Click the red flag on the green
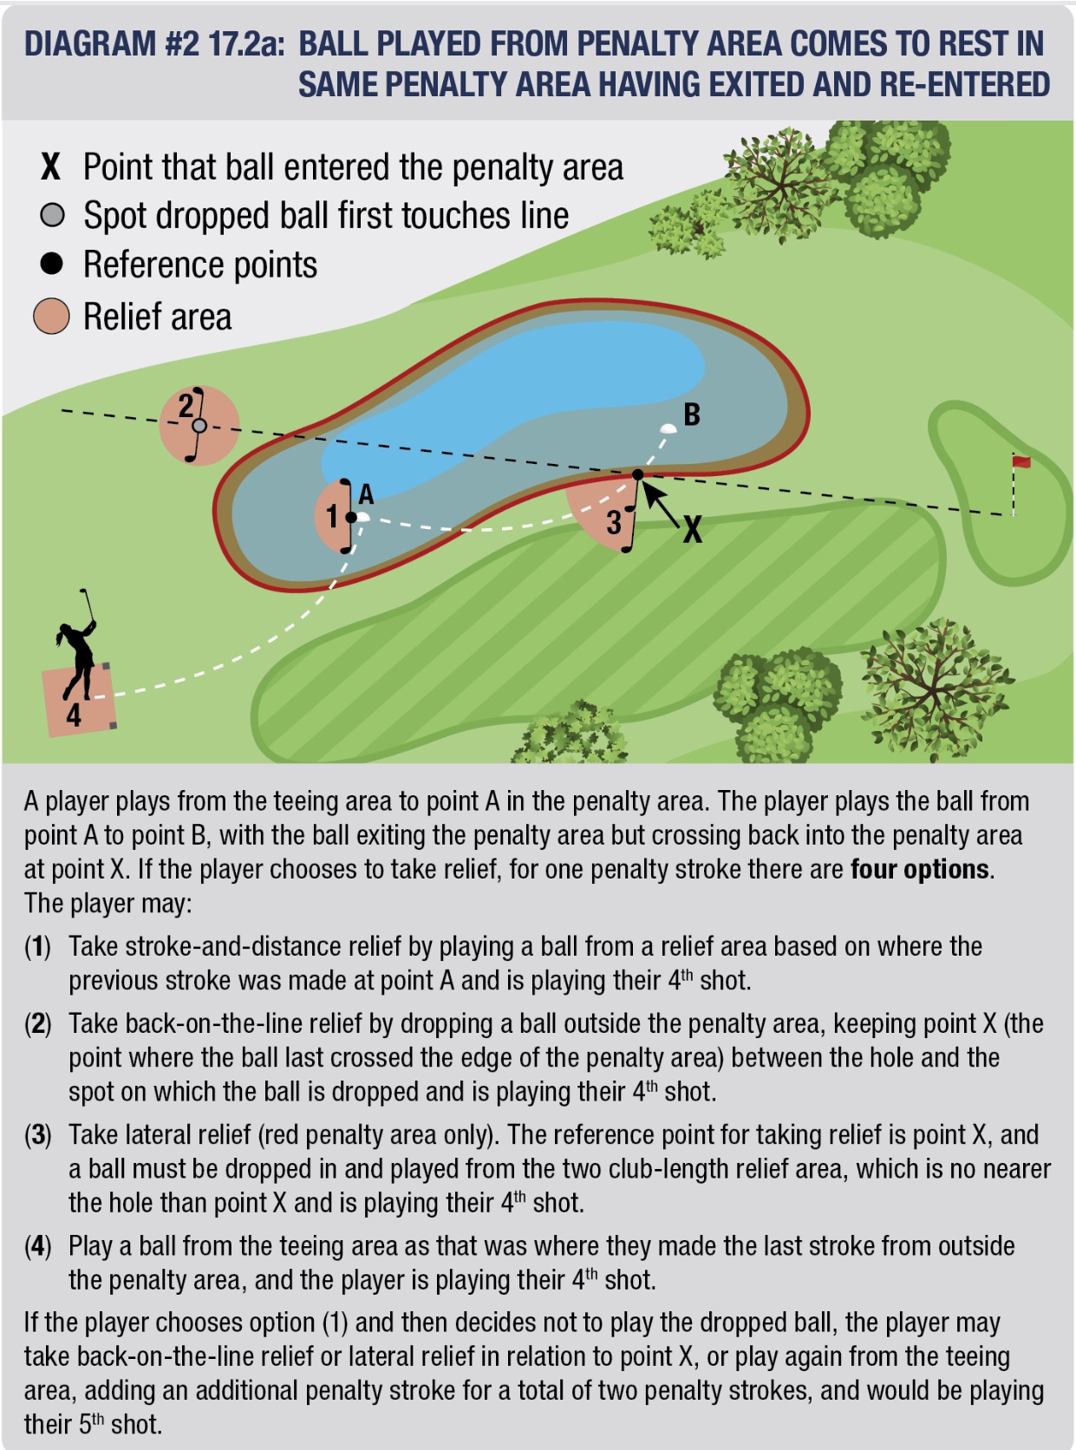(x=1022, y=461)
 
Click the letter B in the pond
(x=692, y=415)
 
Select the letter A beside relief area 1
(x=367, y=494)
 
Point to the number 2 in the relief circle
(x=186, y=405)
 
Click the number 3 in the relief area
(x=614, y=522)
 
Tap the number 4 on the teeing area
(x=74, y=715)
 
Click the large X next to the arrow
(x=692, y=529)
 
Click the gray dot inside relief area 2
(x=199, y=426)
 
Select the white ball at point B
(x=668, y=428)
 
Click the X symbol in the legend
(x=51, y=167)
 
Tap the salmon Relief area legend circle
(x=51, y=317)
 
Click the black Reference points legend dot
(x=52, y=264)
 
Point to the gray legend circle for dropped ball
(x=52, y=215)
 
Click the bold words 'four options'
(x=920, y=869)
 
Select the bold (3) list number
(x=38, y=1134)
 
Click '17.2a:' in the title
(x=247, y=44)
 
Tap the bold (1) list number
(x=38, y=946)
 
